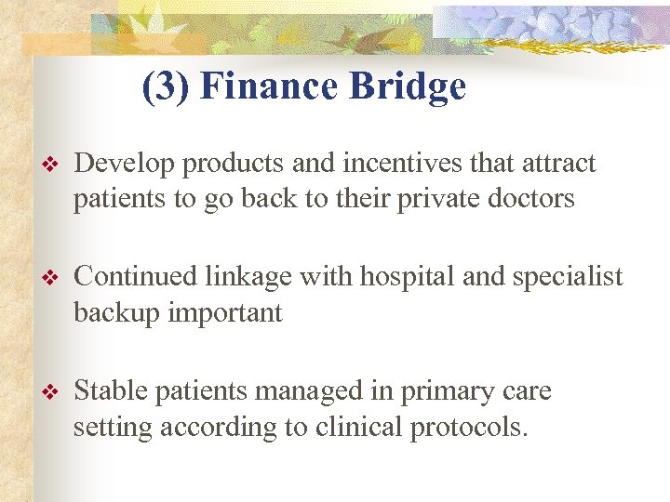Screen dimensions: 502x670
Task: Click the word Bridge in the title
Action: tap(409, 86)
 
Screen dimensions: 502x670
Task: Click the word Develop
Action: tap(125, 165)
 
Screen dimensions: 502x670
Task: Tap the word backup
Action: tap(117, 313)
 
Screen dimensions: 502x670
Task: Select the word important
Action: tap(224, 313)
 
